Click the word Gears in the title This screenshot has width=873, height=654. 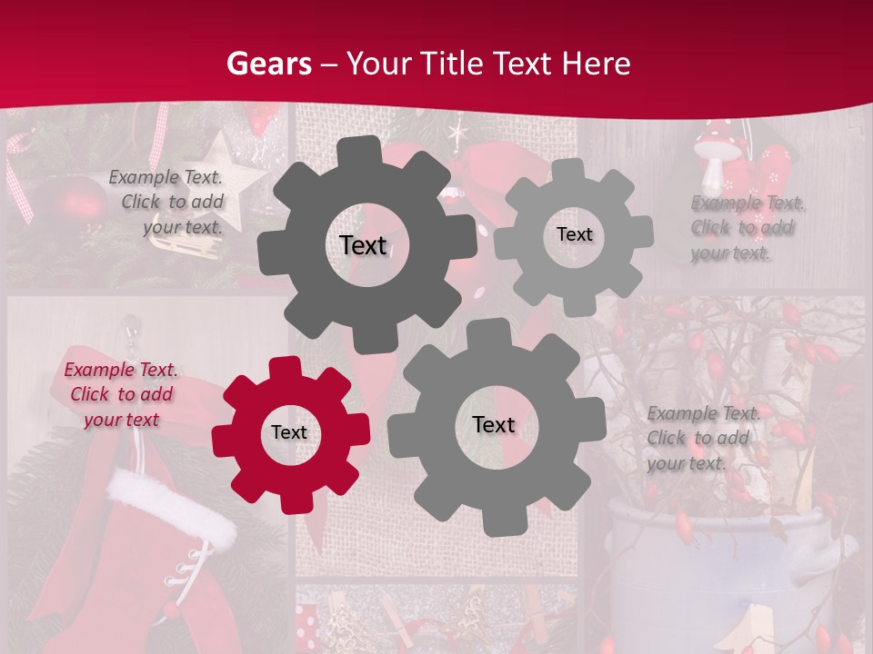tap(269, 64)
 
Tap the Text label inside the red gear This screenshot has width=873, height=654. tap(289, 432)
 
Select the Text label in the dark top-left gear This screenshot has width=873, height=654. tap(363, 245)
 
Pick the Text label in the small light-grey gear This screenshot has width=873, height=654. tap(574, 234)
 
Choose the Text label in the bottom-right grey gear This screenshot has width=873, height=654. tap(494, 424)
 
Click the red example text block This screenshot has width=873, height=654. tap(121, 395)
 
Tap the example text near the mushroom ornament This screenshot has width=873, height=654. tap(742, 228)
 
